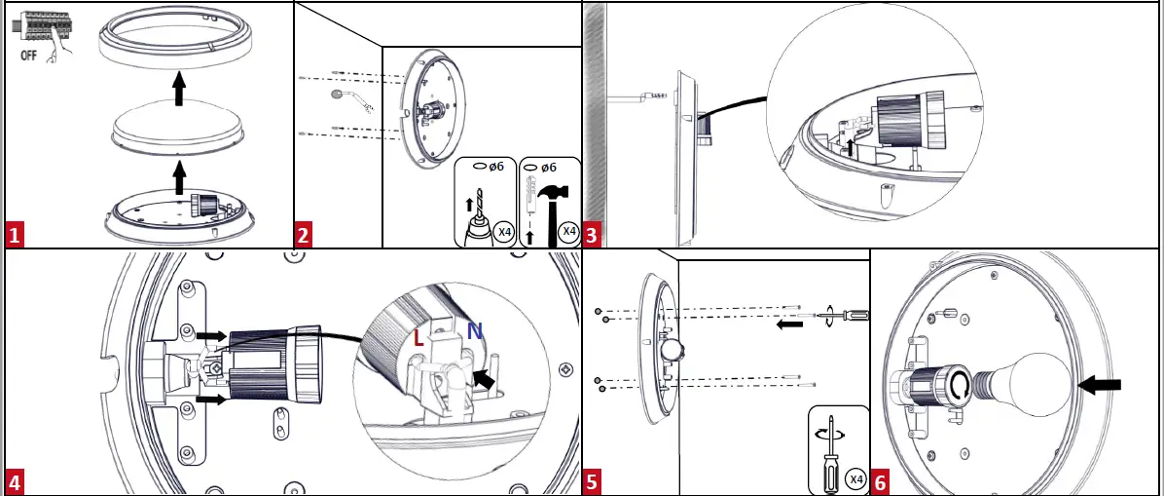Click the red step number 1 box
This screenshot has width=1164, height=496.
tap(14, 235)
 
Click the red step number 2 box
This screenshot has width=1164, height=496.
tap(304, 235)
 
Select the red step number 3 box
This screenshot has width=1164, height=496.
tap(592, 235)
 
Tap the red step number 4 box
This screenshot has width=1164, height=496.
tap(14, 482)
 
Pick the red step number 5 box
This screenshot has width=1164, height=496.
tap(592, 482)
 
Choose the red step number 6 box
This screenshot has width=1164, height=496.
tap(880, 482)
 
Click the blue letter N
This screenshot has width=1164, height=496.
tap(474, 331)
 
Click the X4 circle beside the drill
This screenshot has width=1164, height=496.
tap(503, 232)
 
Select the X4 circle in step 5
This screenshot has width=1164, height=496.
tap(855, 478)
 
